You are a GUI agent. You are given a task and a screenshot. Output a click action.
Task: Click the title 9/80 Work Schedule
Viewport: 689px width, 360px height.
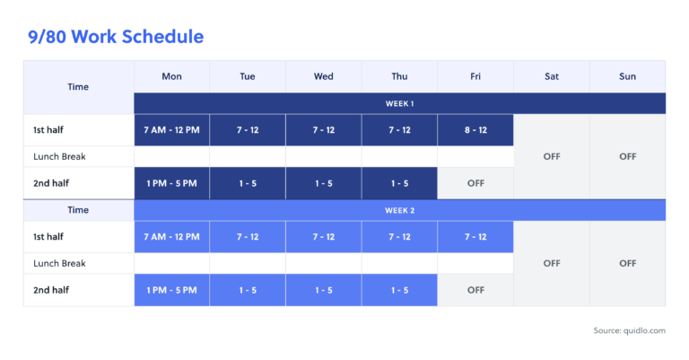click(x=116, y=37)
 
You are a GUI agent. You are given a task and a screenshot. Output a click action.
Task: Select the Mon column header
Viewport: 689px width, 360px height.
click(x=171, y=76)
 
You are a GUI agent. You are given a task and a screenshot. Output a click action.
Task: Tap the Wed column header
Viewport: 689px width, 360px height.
click(x=324, y=76)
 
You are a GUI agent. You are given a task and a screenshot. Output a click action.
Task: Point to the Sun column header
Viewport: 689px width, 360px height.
click(x=627, y=76)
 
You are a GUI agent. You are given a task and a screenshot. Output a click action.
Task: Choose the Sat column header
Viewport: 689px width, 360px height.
click(x=552, y=76)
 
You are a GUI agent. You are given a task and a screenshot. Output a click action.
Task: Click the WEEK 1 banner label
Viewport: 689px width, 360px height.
click(x=399, y=103)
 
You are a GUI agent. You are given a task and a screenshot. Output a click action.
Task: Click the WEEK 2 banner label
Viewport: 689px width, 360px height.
click(x=399, y=210)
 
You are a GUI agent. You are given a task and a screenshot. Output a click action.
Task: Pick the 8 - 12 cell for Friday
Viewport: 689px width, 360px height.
click(x=475, y=130)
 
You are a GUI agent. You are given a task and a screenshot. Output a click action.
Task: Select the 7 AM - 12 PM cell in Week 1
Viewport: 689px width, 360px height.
click(x=171, y=130)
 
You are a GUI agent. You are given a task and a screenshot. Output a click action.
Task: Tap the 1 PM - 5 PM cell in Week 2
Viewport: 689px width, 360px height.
click(x=171, y=290)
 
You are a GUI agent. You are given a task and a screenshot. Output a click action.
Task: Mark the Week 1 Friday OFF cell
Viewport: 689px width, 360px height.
click(x=475, y=183)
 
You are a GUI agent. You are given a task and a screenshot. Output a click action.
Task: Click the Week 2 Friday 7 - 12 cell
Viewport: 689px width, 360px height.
click(x=475, y=237)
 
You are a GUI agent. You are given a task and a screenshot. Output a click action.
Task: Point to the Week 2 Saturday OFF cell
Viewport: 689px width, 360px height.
click(x=552, y=263)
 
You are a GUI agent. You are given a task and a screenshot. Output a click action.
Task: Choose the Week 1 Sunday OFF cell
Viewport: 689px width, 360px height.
click(x=627, y=156)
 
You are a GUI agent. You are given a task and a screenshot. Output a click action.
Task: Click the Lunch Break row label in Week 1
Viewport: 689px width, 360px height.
click(x=59, y=156)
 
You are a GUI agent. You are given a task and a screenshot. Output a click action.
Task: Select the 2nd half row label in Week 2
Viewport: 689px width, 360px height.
click(x=52, y=290)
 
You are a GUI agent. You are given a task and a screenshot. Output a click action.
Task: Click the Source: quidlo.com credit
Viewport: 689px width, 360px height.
click(x=629, y=331)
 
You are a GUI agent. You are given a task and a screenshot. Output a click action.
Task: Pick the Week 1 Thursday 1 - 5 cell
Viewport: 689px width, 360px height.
click(x=399, y=183)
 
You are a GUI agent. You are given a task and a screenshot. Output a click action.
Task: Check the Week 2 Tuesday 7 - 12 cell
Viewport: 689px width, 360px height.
click(x=248, y=237)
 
